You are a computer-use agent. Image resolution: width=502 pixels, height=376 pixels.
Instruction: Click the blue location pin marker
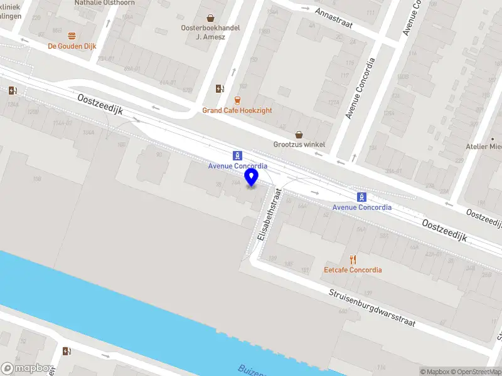pyautogui.click(x=252, y=177)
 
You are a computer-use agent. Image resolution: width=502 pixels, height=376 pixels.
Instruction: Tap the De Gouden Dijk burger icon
pyautogui.click(x=72, y=36)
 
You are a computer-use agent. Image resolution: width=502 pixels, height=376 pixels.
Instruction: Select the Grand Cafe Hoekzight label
pyautogui.click(x=237, y=110)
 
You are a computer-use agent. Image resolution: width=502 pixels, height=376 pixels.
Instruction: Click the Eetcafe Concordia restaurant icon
pyautogui.click(x=353, y=259)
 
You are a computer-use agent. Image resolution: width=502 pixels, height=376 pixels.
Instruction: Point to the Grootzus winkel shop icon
pyautogui.click(x=299, y=134)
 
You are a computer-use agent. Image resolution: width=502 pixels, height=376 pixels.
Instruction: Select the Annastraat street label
pyautogui.click(x=334, y=21)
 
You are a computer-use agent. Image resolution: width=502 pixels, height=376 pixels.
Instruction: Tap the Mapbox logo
pyautogui.click(x=27, y=368)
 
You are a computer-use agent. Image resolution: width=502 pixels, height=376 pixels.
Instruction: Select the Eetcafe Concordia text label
pyautogui.click(x=353, y=270)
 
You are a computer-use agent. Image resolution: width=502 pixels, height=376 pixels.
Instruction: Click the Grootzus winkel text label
pyautogui.click(x=299, y=144)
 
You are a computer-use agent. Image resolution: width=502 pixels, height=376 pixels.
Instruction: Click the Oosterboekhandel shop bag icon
pyautogui.click(x=210, y=18)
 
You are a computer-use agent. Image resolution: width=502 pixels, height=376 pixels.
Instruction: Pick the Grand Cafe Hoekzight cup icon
pyautogui.click(x=237, y=100)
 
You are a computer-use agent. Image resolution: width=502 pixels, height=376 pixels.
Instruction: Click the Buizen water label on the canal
pyautogui.click(x=251, y=370)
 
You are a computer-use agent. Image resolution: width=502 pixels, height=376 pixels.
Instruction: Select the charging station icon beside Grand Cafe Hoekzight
pyautogui.click(x=219, y=88)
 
